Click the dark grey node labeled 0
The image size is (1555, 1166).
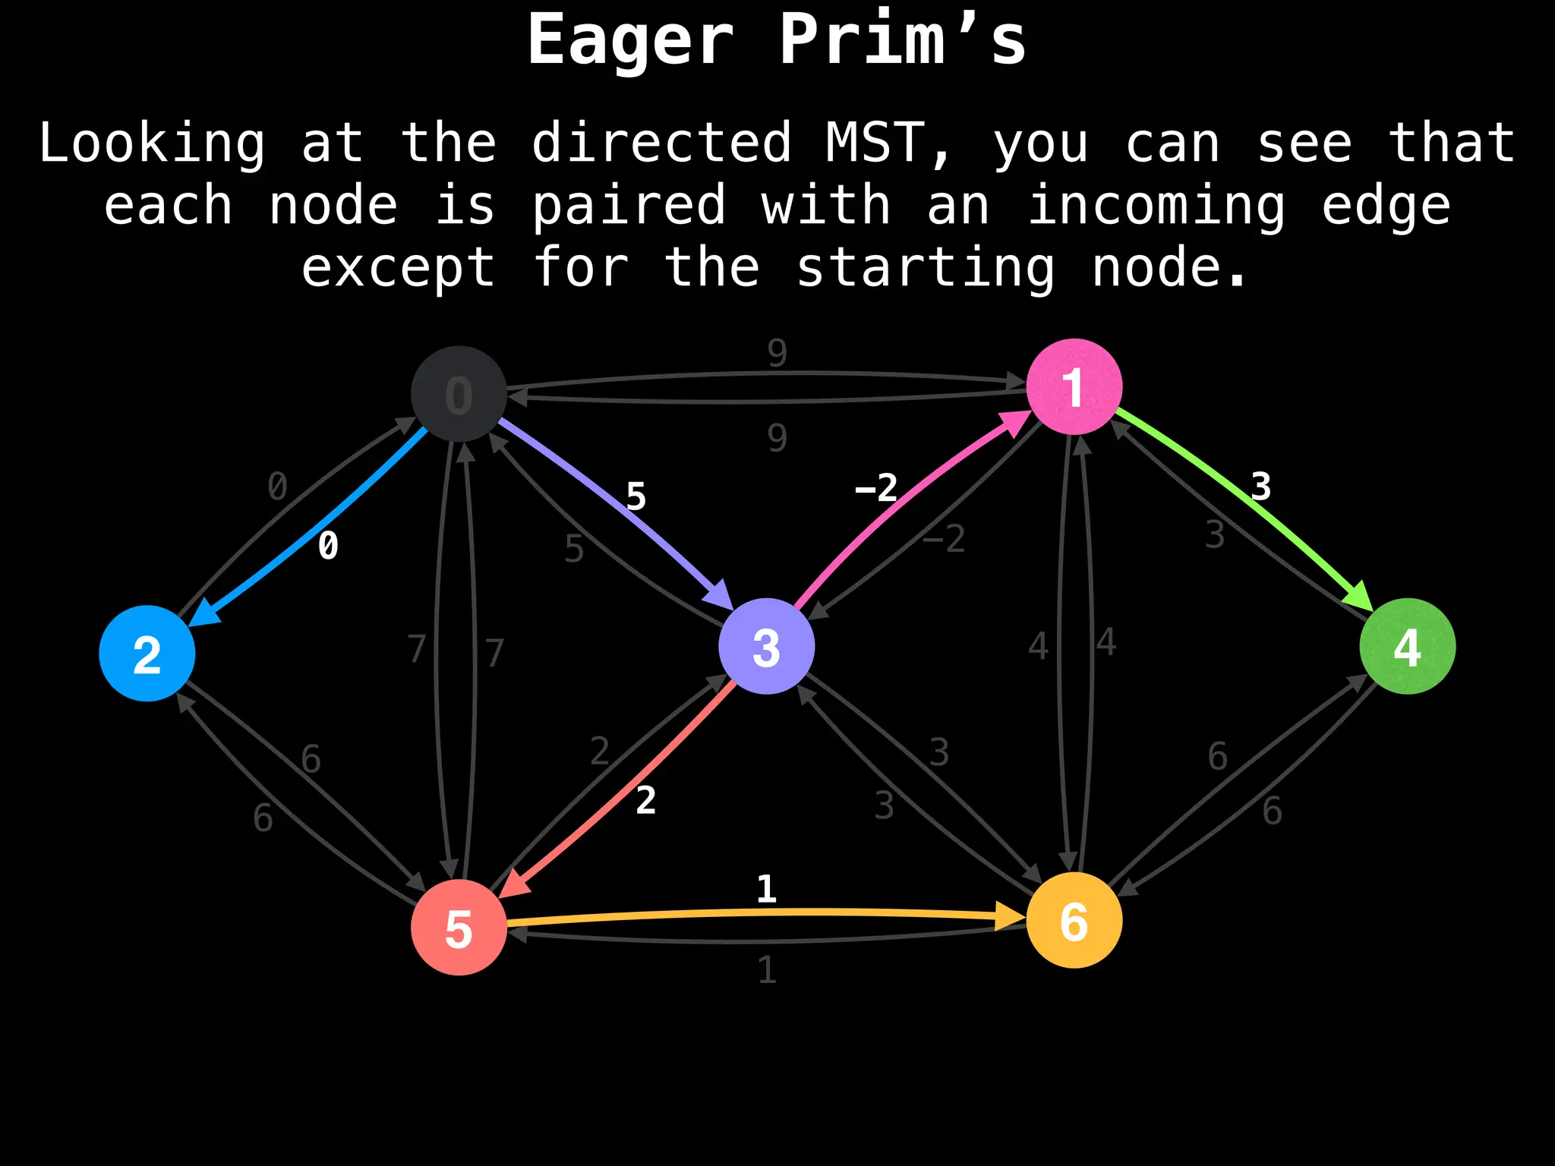[x=459, y=394]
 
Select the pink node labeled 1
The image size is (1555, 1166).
[x=1074, y=386]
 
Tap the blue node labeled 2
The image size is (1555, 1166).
[x=147, y=653]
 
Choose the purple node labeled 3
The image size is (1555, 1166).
[x=766, y=646]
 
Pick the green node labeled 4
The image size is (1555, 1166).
[x=1407, y=646]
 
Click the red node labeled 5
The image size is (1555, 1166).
[x=459, y=927]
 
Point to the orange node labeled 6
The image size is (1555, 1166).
[x=1074, y=920]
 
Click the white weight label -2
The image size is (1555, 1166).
[x=876, y=487]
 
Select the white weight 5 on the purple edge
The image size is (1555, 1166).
[x=636, y=497]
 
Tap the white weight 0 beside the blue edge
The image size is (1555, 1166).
[x=328, y=546]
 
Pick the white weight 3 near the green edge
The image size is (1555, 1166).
[x=1260, y=487]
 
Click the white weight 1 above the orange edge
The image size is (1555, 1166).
[x=766, y=889]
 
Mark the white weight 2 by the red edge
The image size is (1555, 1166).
[x=645, y=801]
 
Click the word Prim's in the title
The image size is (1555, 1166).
[x=902, y=39]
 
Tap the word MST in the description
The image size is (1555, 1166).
[x=875, y=143]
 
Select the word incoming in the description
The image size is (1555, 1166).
[x=1156, y=206]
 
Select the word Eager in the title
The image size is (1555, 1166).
[x=630, y=39]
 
